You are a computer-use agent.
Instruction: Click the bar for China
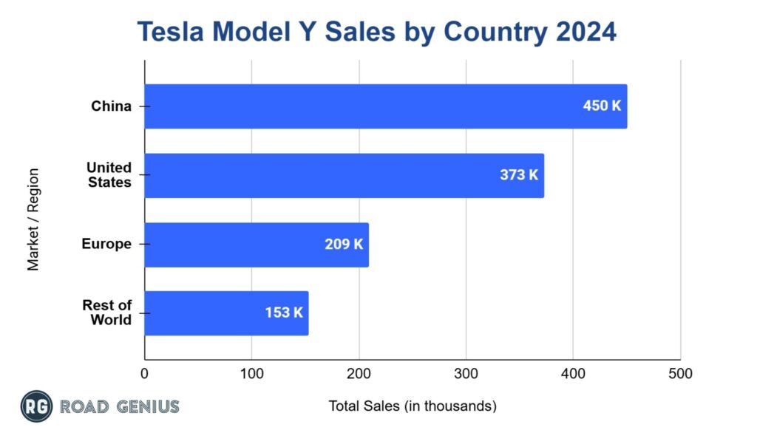pyautogui.click(x=384, y=106)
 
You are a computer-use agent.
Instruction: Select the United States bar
pyautogui.click(x=344, y=176)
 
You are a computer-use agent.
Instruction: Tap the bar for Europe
pyautogui.click(x=256, y=245)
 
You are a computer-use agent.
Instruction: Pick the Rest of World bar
pyautogui.click(x=225, y=313)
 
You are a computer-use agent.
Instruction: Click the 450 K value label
pyautogui.click(x=602, y=106)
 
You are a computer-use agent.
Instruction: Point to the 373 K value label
pyautogui.click(x=519, y=175)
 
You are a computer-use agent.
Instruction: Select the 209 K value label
pyautogui.click(x=344, y=244)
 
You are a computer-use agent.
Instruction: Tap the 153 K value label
pyautogui.click(x=284, y=313)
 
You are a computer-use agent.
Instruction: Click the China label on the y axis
pyautogui.click(x=111, y=106)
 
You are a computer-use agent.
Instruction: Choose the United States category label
pyautogui.click(x=109, y=175)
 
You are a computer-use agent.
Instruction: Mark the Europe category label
pyautogui.click(x=106, y=244)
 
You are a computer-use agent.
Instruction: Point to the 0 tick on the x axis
pyautogui.click(x=145, y=374)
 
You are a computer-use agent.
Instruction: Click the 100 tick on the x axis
pyautogui.click(x=251, y=374)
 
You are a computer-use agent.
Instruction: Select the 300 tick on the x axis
pyautogui.click(x=466, y=374)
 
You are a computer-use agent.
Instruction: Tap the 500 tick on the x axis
pyautogui.click(x=680, y=374)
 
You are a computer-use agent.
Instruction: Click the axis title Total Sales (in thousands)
pyautogui.click(x=412, y=406)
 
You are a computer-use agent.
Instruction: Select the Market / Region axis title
pyautogui.click(x=33, y=219)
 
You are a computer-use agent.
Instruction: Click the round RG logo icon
pyautogui.click(x=36, y=406)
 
